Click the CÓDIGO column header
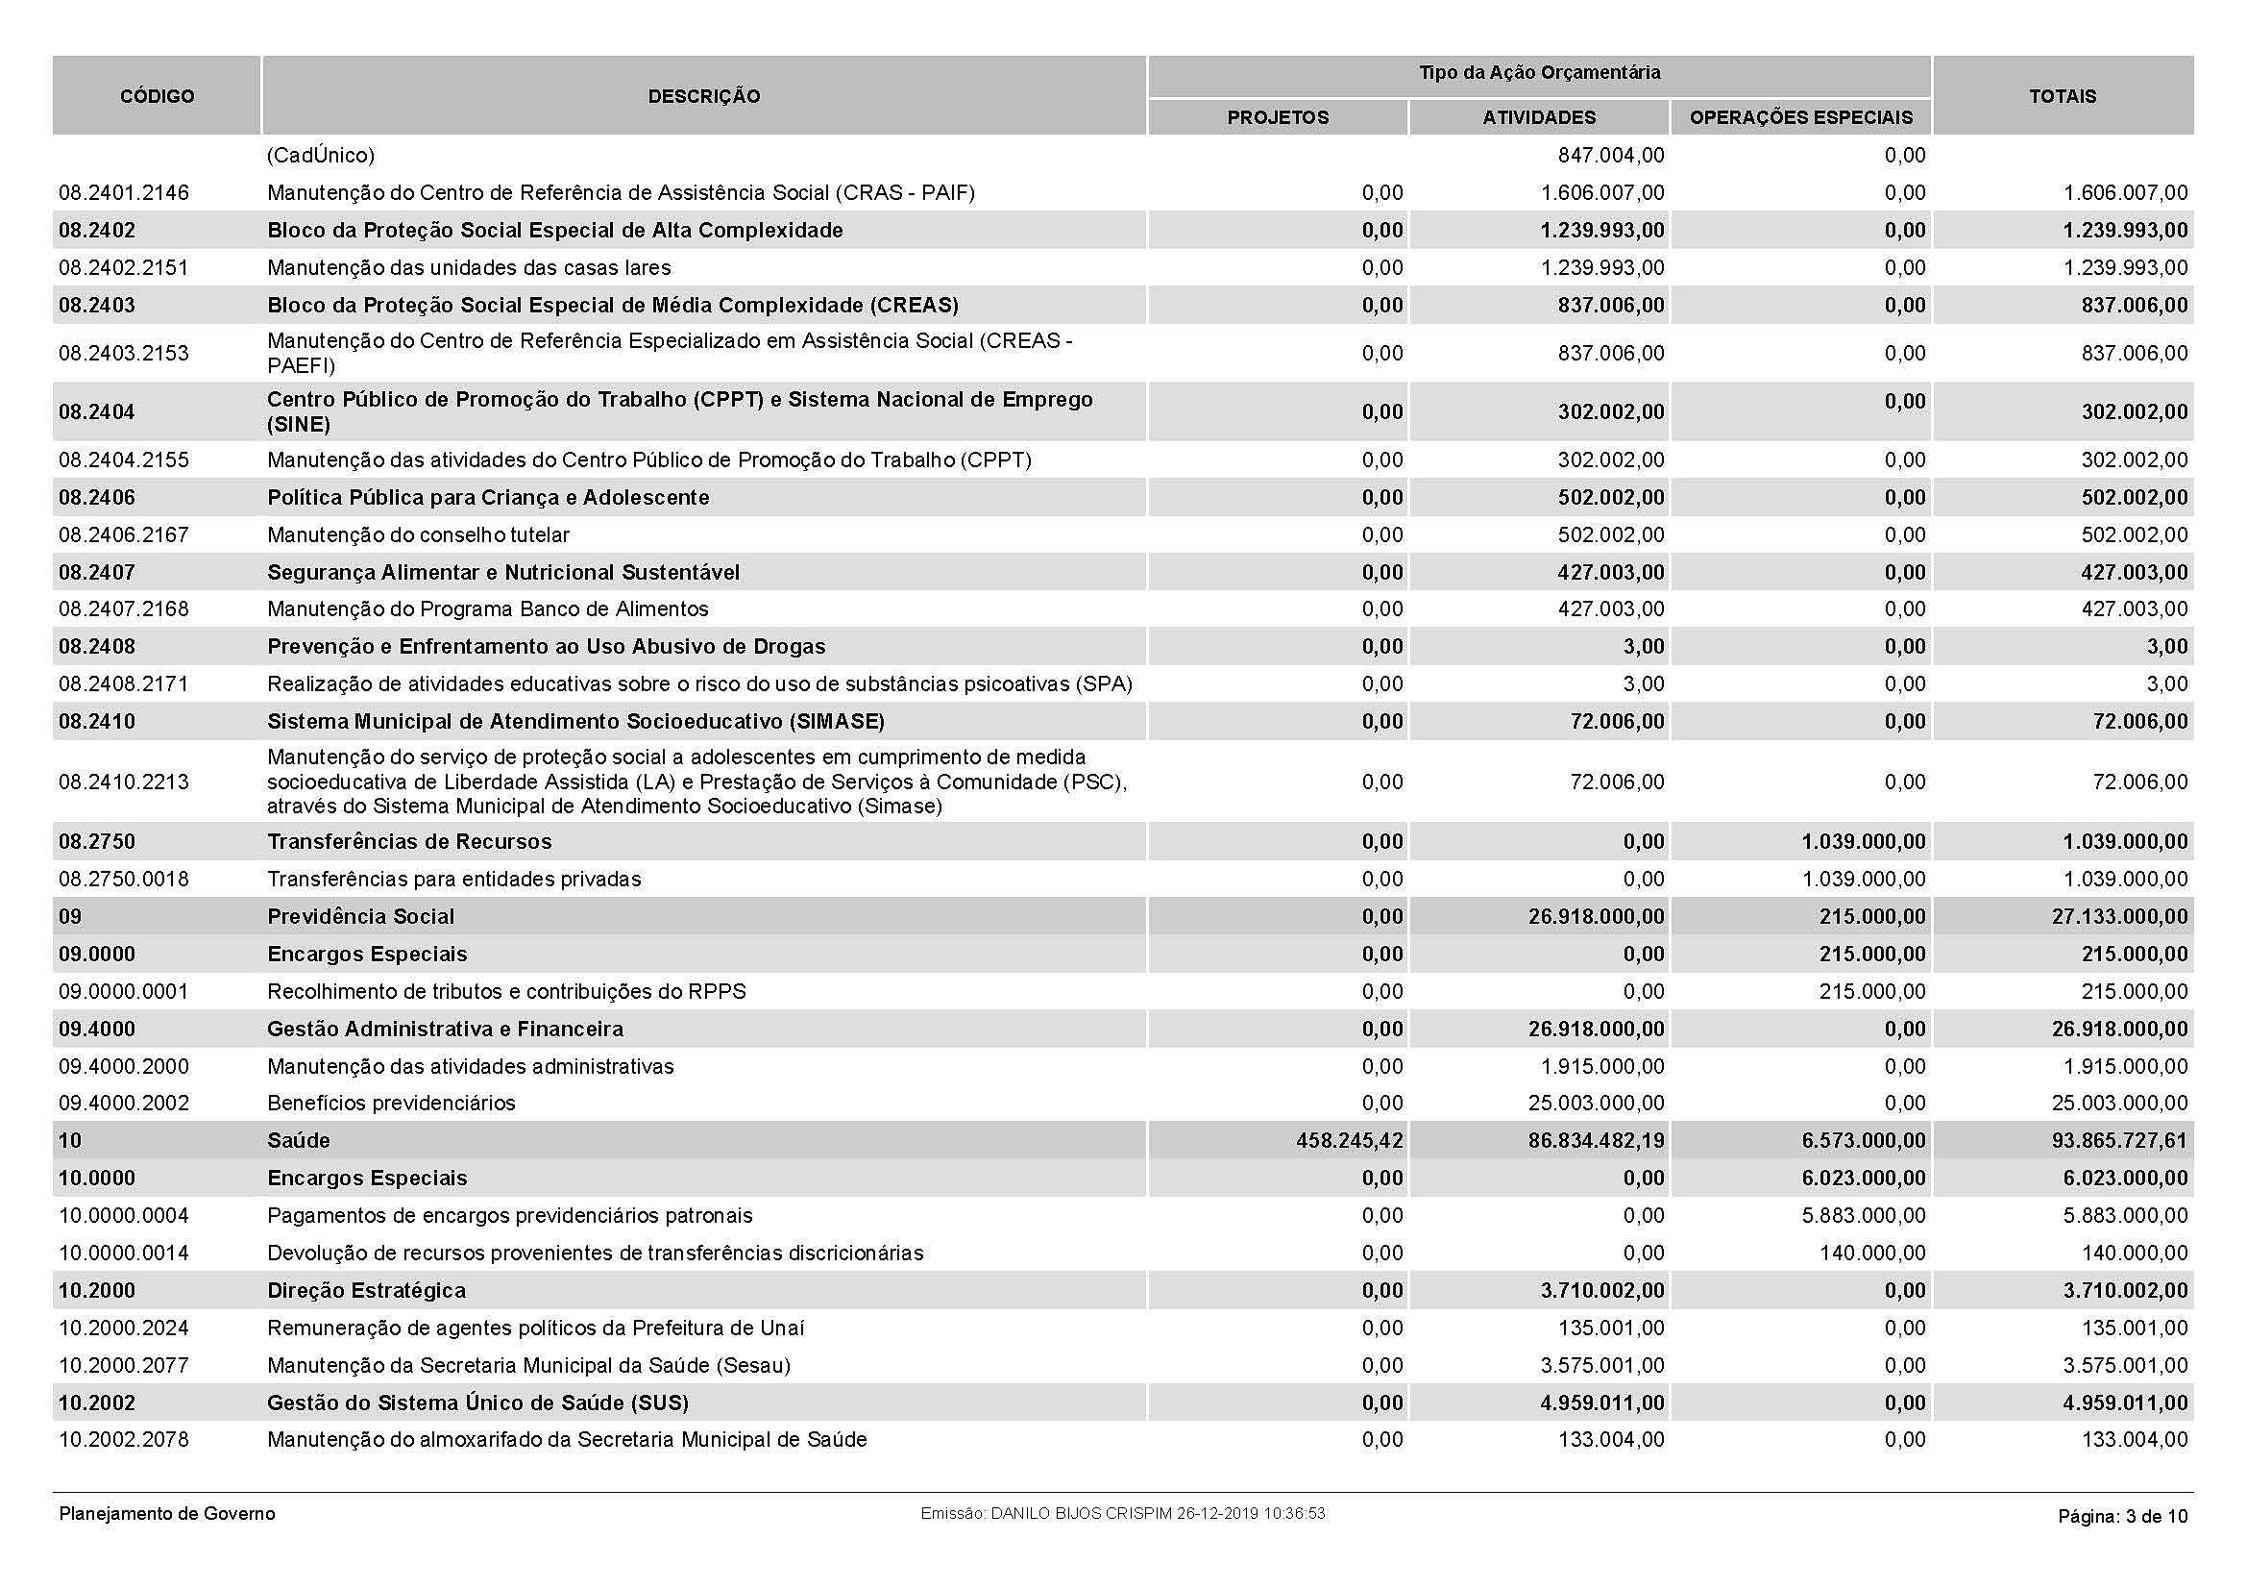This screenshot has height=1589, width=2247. pos(157,96)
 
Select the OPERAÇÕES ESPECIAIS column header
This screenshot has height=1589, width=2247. pos(1800,117)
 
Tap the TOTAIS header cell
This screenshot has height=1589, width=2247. pos(2062,96)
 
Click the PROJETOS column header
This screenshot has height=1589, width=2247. pos(1277,117)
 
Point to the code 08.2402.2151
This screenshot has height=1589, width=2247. pos(124,267)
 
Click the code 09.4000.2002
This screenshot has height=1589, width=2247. pos(124,1104)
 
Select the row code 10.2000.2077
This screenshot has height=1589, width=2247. pos(124,1365)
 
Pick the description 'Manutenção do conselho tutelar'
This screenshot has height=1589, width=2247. pos(418,534)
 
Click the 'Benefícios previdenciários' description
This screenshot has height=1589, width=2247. pos(391,1104)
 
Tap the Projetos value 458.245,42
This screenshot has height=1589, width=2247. pos(1349,1141)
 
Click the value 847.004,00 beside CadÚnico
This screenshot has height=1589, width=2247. pos(1610,156)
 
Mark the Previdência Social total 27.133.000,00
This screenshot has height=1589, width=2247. pos(2119,916)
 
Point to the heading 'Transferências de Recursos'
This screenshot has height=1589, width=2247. pos(409,842)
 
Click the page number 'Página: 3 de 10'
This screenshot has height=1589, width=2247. pos(2122,1517)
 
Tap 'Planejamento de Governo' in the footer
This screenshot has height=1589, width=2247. pos(167,1514)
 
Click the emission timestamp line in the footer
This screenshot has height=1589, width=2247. pos(1122,1514)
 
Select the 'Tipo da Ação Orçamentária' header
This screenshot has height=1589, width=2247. pos(1539,73)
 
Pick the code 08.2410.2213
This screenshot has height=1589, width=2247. pos(124,782)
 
